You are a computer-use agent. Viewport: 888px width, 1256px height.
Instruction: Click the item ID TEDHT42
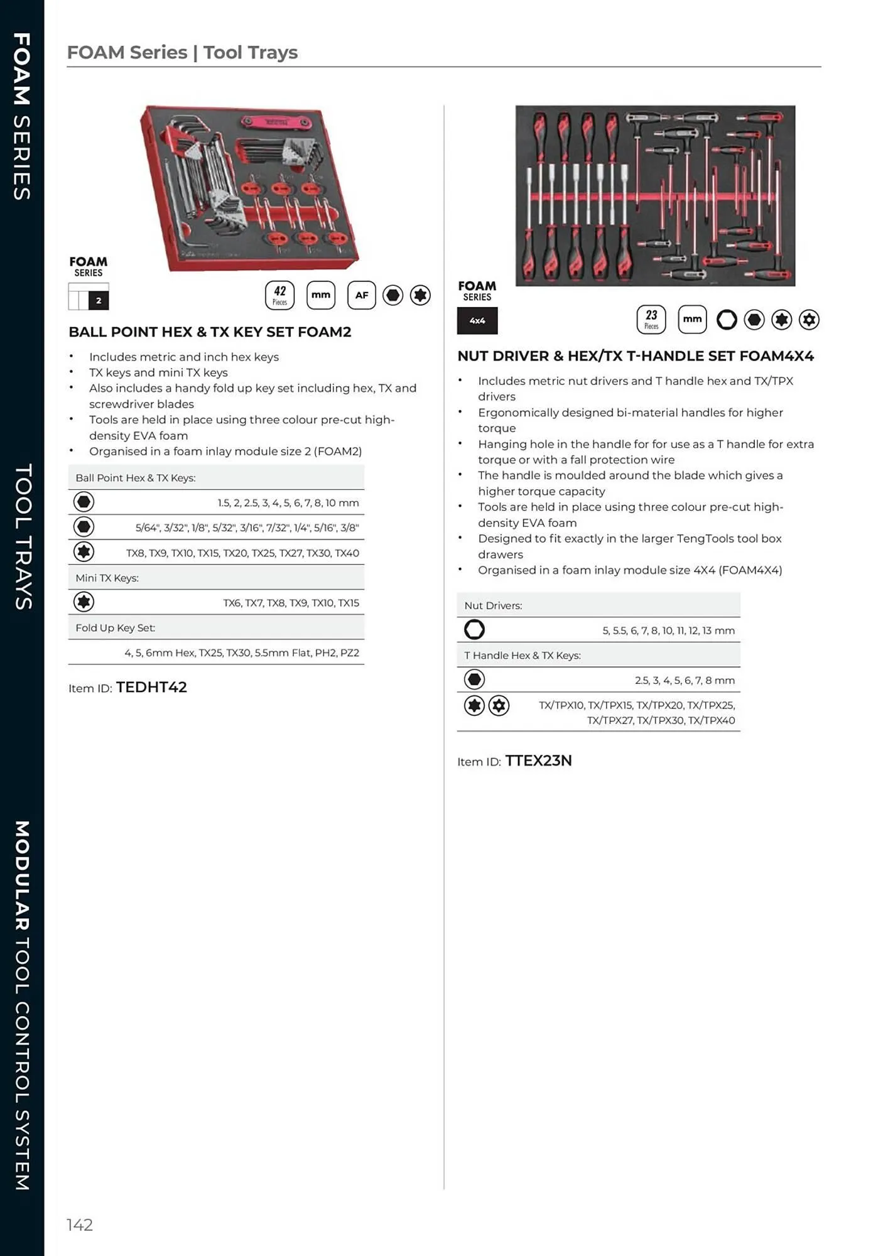151,687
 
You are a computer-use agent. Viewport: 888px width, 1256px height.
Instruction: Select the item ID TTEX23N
538,761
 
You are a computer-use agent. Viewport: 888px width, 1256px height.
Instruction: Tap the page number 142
80,1225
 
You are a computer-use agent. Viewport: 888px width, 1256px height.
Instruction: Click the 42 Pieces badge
279,295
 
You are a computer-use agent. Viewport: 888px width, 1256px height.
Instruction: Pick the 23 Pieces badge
651,319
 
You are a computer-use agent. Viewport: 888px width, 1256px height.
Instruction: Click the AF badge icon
362,295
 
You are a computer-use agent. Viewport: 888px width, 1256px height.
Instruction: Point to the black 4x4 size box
477,320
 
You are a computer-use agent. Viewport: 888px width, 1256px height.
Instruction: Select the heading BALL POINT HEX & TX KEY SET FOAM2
210,332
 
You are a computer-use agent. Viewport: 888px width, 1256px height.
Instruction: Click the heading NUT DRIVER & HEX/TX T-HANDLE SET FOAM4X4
636,356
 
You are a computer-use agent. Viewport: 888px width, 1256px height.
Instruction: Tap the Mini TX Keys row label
107,578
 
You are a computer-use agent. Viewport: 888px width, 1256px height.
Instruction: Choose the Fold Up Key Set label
116,627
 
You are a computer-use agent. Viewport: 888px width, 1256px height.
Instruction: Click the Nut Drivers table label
494,605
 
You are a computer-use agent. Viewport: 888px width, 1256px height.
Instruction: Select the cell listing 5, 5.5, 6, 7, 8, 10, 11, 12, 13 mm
668,631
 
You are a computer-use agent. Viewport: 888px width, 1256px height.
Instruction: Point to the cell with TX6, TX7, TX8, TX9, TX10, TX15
291,603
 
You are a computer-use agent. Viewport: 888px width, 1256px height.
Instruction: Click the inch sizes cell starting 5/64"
247,528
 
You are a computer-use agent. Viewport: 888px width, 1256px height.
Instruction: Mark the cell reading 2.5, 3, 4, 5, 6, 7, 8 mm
685,680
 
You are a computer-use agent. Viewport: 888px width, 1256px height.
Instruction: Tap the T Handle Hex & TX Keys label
523,655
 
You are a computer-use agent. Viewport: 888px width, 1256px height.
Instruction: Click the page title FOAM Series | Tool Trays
182,52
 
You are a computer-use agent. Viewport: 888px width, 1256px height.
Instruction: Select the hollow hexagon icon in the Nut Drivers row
474,629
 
